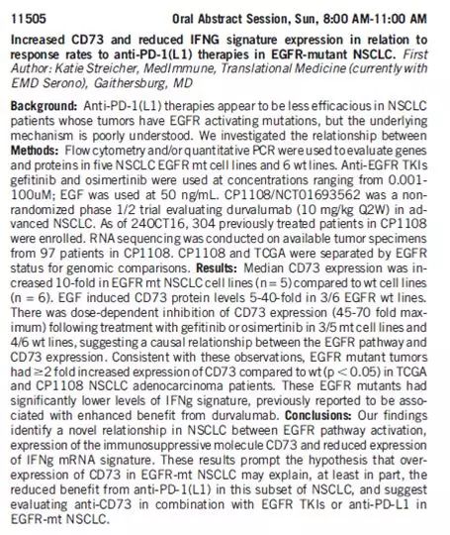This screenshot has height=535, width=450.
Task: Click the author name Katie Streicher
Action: (98, 69)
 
